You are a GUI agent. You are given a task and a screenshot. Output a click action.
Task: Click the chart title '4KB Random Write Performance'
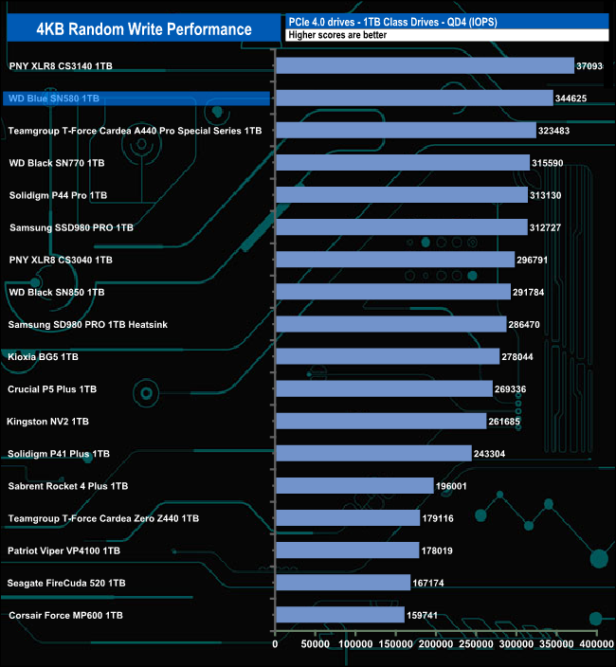click(143, 29)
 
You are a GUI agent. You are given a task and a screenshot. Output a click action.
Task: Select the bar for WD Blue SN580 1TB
click(413, 98)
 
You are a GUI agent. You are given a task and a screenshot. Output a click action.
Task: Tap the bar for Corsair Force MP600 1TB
click(339, 615)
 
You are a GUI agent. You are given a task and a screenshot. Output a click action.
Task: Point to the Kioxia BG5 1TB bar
click(387, 356)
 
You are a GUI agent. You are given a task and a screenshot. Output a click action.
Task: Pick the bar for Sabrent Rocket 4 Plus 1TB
click(353, 486)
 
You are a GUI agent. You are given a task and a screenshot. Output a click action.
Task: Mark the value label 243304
click(496, 454)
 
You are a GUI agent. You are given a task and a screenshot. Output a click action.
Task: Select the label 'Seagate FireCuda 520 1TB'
click(65, 583)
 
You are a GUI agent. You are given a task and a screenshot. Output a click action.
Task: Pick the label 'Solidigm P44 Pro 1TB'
click(58, 195)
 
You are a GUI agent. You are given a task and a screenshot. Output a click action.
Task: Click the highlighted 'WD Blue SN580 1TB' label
click(53, 98)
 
